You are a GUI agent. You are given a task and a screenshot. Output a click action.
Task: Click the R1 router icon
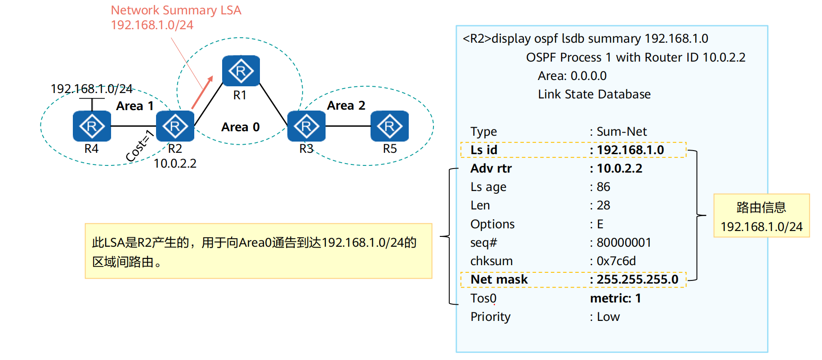click(x=241, y=71)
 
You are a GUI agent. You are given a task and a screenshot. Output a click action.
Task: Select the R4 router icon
click(x=92, y=126)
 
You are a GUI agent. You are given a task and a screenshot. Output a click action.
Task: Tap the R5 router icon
click(x=389, y=126)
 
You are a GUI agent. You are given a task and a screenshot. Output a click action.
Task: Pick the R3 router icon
click(x=306, y=126)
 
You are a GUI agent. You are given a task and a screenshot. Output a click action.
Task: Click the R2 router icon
click(x=175, y=126)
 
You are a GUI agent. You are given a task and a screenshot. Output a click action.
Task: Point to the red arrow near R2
click(x=202, y=93)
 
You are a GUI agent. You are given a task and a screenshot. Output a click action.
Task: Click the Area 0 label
click(x=240, y=127)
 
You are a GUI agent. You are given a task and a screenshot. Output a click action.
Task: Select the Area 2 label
click(x=346, y=106)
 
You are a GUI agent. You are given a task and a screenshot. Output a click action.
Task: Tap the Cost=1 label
click(x=139, y=146)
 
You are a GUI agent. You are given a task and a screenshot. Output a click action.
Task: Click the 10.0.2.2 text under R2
click(x=175, y=164)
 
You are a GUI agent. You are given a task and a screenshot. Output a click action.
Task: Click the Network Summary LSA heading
click(x=176, y=10)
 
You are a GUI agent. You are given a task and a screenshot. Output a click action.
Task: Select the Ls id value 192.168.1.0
click(x=630, y=150)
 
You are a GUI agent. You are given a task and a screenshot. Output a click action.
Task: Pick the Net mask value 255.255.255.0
click(x=637, y=280)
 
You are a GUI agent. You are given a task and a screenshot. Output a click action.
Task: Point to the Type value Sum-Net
click(x=621, y=132)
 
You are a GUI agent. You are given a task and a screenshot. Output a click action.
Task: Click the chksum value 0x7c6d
click(x=616, y=261)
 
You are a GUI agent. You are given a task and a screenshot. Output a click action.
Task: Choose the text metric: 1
click(x=615, y=298)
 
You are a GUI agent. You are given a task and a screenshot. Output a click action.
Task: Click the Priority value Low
click(x=608, y=317)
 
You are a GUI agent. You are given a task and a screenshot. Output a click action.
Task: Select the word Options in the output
click(x=492, y=224)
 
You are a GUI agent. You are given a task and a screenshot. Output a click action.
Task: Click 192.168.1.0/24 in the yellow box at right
click(x=761, y=227)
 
